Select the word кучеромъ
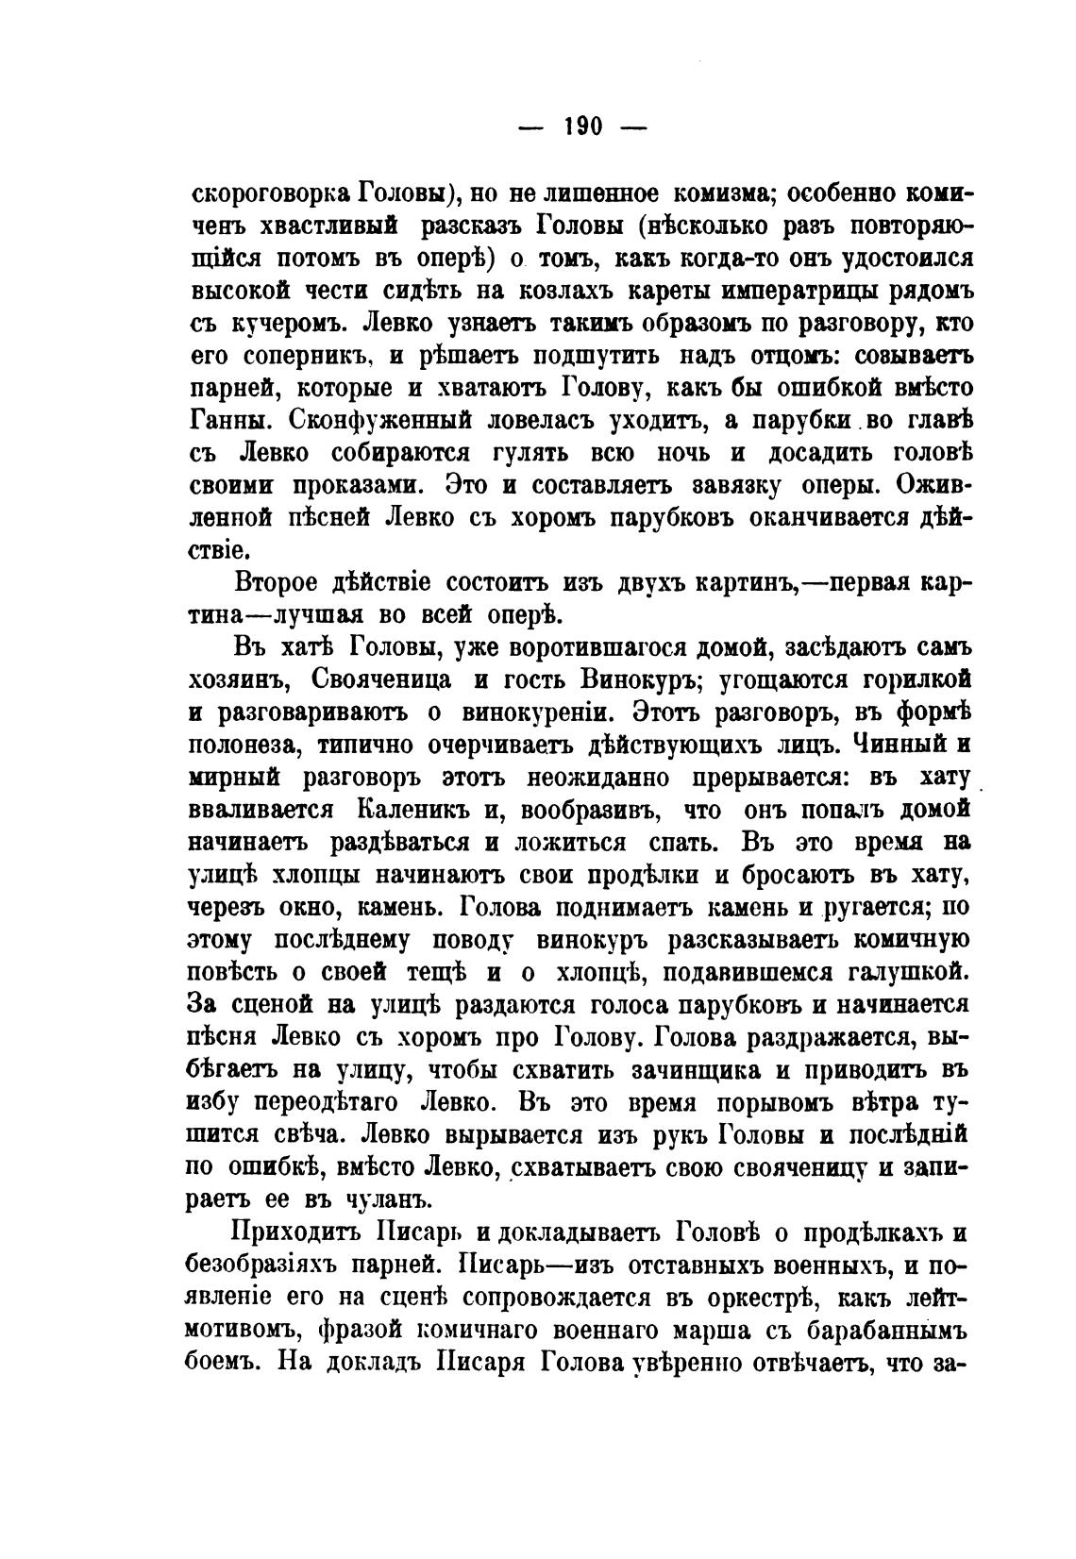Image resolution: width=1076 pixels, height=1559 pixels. [287, 324]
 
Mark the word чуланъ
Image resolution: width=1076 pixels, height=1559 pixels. [386, 1200]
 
